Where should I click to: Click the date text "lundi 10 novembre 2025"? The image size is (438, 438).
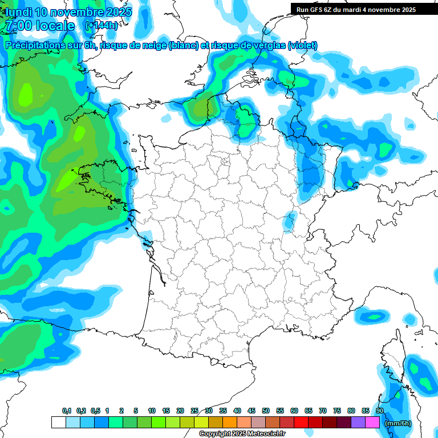[x=68, y=12]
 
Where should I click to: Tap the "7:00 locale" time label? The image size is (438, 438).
[x=39, y=26]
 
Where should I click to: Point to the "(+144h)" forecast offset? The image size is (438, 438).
[x=102, y=26]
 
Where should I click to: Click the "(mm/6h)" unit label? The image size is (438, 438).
[x=398, y=423]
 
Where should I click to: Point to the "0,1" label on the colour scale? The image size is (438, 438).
[x=66, y=411]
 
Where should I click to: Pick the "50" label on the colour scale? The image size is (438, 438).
[x=266, y=411]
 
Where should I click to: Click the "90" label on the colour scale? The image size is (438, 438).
[x=379, y=411]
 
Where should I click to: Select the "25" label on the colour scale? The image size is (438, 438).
[x=194, y=411]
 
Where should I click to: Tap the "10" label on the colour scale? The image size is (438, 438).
[x=151, y=411]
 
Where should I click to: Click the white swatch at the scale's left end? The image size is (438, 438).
[x=58, y=422]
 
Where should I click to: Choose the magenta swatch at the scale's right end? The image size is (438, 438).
[x=372, y=422]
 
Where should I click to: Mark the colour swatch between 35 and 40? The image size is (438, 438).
[x=230, y=422]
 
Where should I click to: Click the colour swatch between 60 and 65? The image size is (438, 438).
[x=301, y=422]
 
